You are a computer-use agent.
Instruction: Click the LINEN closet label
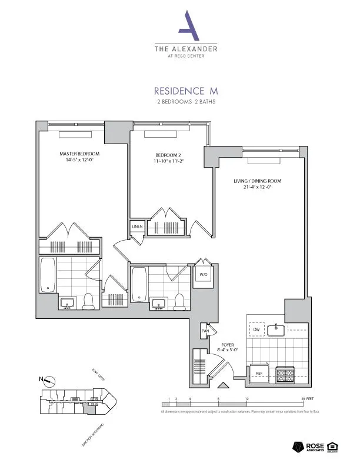coord(136,226)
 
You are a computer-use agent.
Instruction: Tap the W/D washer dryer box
coord(204,274)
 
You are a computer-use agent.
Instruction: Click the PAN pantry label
coord(205,331)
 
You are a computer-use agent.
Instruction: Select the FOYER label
coord(228,346)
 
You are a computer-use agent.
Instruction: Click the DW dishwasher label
coord(256,329)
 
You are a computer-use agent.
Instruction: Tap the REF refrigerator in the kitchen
coord(258,373)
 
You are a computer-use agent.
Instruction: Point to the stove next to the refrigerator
coord(285,374)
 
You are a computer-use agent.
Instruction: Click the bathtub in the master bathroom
coord(48,277)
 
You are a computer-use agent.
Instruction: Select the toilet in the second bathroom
coord(180,301)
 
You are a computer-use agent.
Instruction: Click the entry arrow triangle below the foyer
coord(223,386)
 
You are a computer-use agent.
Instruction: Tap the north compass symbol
coord(48,380)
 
